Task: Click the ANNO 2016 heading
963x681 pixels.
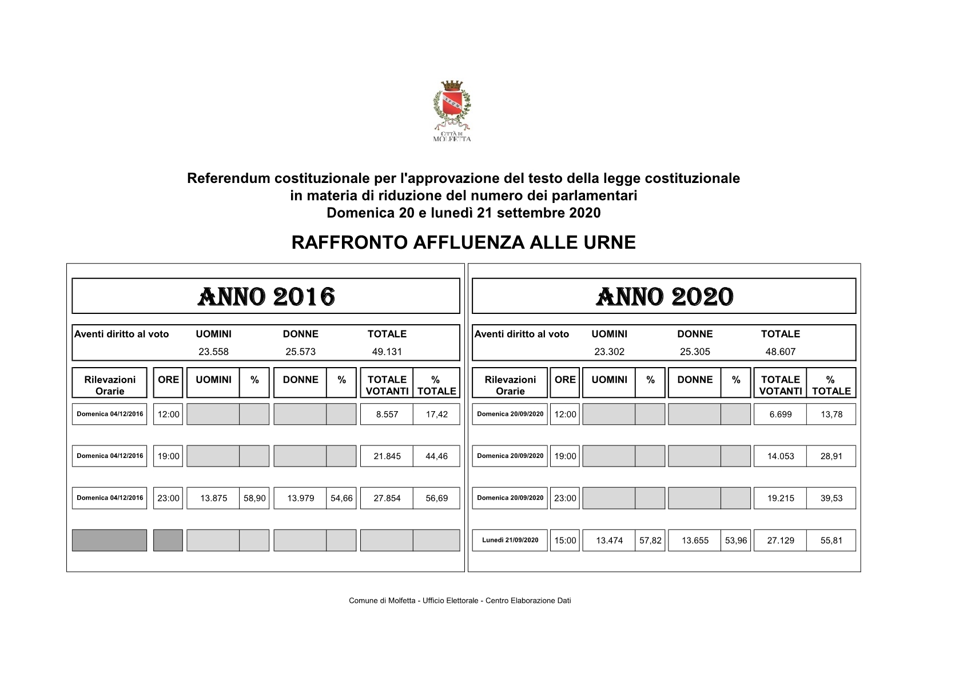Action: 266,297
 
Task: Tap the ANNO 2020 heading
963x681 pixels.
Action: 664,297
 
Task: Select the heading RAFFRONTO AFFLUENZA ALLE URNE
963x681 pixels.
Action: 463,242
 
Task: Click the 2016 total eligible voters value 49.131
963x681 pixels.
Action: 387,352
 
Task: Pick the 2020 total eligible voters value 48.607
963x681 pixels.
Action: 781,352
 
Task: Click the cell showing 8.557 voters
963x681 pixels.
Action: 387,415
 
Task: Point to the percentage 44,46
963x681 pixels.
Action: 436,456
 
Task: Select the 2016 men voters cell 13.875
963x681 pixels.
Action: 213,498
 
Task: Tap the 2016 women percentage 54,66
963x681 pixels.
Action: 341,498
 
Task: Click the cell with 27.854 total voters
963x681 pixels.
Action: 387,498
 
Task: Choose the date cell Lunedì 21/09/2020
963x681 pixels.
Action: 510,540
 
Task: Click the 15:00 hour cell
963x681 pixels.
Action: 565,540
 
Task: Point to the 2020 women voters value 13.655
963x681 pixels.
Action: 695,540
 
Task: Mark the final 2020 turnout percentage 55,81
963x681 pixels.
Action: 831,540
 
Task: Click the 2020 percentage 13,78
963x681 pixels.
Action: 831,415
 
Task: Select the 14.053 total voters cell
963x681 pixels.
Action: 781,456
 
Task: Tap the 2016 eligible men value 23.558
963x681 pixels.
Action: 213,352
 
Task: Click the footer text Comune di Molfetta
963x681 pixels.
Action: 460,600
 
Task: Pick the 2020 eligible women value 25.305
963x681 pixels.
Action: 695,352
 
